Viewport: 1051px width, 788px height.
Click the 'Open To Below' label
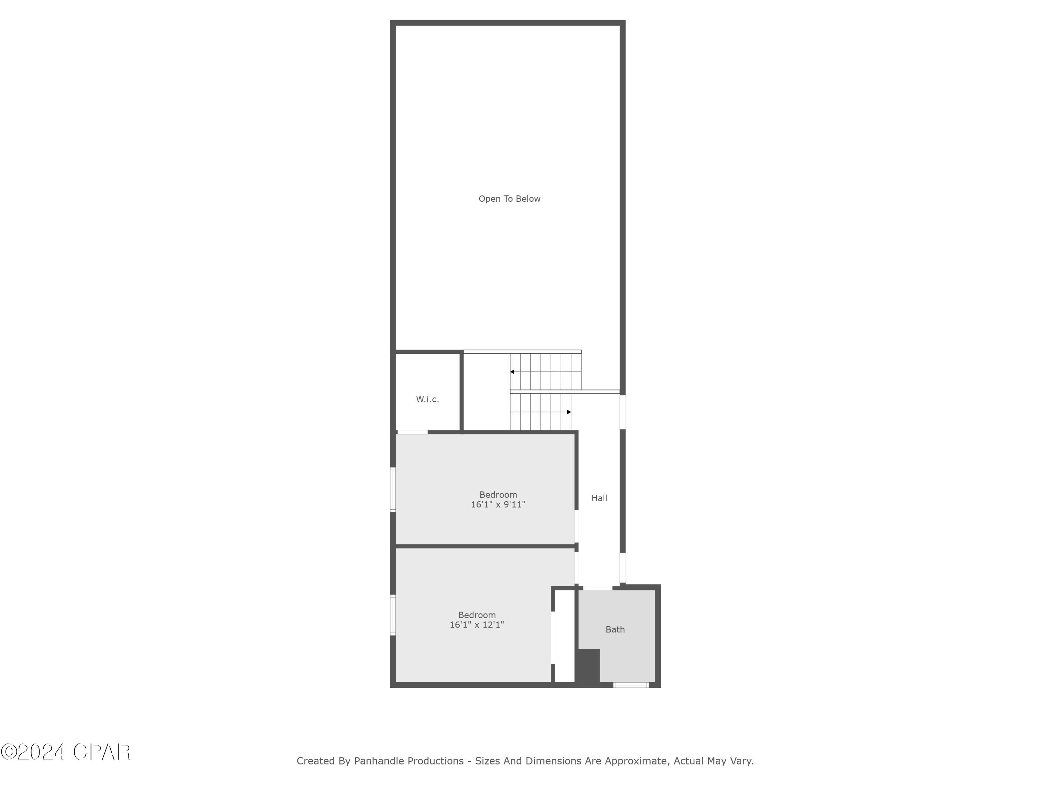point(509,199)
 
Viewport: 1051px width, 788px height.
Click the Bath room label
point(615,630)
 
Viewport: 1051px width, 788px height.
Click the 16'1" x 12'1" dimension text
point(476,625)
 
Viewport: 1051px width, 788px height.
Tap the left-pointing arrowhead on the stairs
point(512,372)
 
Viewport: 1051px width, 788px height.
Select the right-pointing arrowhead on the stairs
point(569,412)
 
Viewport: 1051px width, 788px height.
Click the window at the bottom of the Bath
point(631,685)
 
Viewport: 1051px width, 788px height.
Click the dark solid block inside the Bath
point(588,668)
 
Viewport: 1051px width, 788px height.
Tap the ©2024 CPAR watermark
point(66,752)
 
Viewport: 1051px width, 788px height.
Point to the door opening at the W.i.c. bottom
point(412,432)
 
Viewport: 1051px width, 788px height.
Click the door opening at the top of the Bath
point(598,588)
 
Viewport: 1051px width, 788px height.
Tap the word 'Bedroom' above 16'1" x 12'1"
point(476,615)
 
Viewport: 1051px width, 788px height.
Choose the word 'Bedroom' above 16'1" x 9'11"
point(498,495)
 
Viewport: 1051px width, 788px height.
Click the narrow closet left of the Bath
point(564,636)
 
